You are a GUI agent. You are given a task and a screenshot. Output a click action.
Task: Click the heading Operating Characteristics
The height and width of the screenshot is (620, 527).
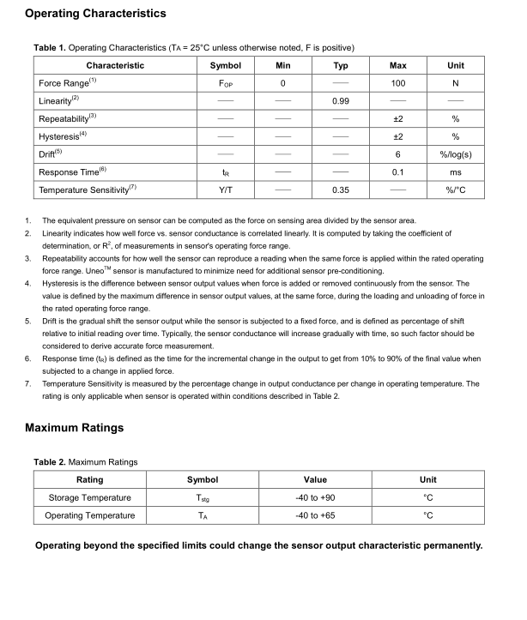(x=95, y=14)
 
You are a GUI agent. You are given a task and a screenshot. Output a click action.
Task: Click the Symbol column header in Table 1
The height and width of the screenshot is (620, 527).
(x=226, y=65)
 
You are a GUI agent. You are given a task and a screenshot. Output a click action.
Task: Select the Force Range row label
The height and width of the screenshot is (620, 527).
(x=68, y=83)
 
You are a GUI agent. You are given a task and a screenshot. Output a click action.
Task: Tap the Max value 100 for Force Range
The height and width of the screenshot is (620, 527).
(x=397, y=83)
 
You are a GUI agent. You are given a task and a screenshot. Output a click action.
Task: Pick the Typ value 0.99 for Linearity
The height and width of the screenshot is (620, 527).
(x=341, y=101)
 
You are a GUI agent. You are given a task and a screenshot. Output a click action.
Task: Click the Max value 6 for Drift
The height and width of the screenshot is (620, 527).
(x=397, y=154)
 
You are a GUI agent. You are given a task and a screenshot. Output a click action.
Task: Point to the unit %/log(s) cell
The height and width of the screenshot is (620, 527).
(x=456, y=154)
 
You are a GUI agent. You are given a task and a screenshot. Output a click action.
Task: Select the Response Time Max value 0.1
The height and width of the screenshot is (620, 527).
(x=397, y=172)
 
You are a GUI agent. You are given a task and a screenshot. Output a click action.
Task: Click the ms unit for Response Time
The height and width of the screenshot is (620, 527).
(x=456, y=172)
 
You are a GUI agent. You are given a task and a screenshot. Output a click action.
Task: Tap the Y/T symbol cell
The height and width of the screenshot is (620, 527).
(x=226, y=190)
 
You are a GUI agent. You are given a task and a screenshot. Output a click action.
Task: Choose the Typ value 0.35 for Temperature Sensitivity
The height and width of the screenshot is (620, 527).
(x=341, y=190)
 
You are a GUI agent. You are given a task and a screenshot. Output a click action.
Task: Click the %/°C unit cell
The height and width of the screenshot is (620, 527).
(x=456, y=190)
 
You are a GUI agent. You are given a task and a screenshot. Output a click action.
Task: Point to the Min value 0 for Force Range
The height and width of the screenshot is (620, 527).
(x=282, y=83)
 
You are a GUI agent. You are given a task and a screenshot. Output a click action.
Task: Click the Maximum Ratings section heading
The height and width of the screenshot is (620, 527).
(x=75, y=427)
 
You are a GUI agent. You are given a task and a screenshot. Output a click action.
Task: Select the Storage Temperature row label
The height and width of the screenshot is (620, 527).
(x=90, y=497)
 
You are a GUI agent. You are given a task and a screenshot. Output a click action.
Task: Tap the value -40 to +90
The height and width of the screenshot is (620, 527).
(x=315, y=497)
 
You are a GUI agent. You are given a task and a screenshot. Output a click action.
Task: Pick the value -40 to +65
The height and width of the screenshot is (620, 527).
(x=315, y=515)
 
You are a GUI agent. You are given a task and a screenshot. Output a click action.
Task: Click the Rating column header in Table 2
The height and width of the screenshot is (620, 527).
(x=90, y=479)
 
